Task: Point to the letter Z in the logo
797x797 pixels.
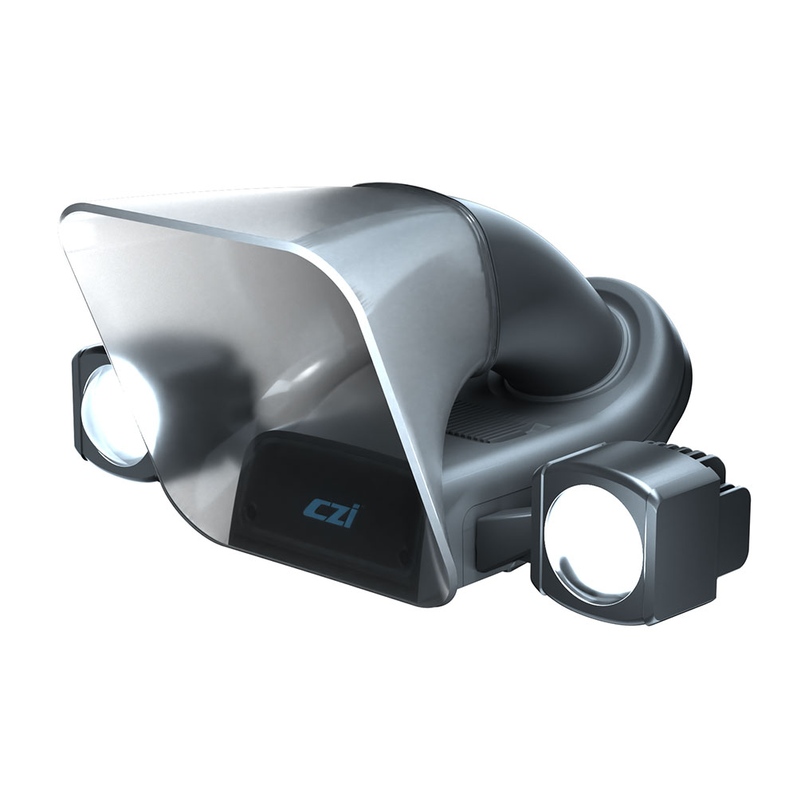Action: click(x=335, y=516)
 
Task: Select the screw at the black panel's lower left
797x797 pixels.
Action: click(x=250, y=510)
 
